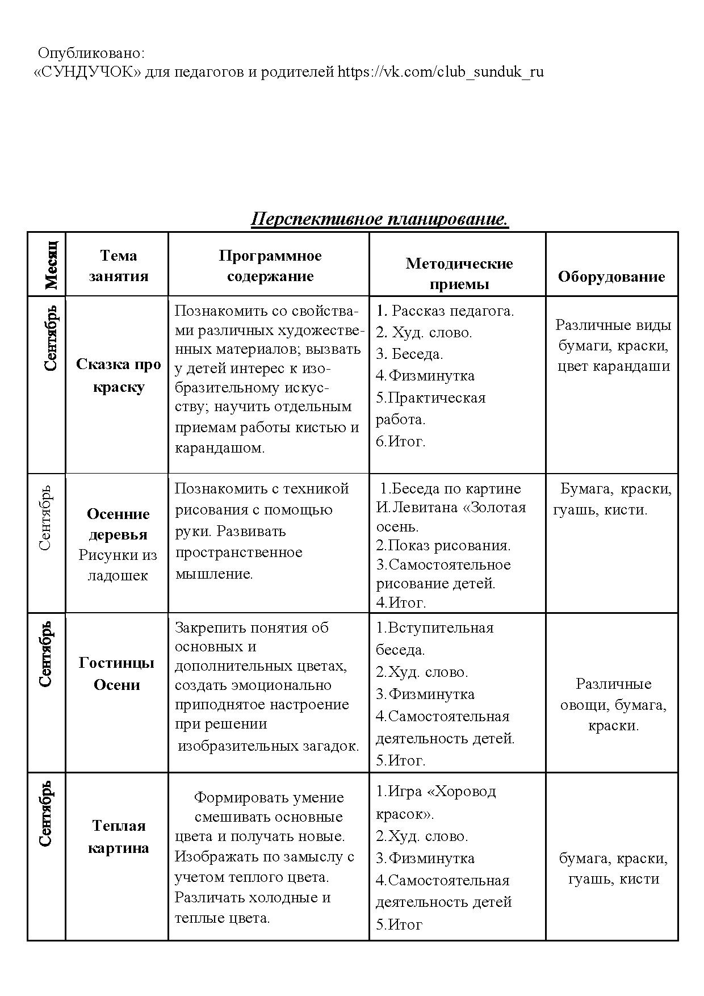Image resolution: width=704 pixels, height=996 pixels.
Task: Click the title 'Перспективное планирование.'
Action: click(379, 219)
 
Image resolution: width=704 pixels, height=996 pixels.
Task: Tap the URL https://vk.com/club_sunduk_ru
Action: click(441, 72)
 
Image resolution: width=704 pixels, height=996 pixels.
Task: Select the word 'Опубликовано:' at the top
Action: click(91, 53)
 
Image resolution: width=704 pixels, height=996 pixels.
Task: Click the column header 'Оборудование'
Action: click(611, 277)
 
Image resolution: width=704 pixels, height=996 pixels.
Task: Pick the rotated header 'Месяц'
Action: click(51, 264)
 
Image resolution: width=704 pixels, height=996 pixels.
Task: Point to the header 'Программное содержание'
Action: click(270, 266)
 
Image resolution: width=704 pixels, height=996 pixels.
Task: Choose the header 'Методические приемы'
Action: click(459, 273)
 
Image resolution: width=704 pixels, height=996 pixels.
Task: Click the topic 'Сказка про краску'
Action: click(118, 375)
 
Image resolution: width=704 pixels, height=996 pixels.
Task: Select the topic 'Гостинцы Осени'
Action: click(116, 673)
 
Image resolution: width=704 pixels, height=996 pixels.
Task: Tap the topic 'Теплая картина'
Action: click(118, 836)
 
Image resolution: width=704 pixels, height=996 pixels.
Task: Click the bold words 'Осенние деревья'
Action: click(118, 524)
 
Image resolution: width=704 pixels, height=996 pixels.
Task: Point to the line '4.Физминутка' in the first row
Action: click(425, 375)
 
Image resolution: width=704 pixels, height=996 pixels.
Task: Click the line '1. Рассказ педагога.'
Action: click(445, 311)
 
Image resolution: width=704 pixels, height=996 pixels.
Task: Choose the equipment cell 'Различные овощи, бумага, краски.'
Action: click(613, 704)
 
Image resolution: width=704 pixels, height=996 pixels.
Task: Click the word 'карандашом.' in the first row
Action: click(220, 447)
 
